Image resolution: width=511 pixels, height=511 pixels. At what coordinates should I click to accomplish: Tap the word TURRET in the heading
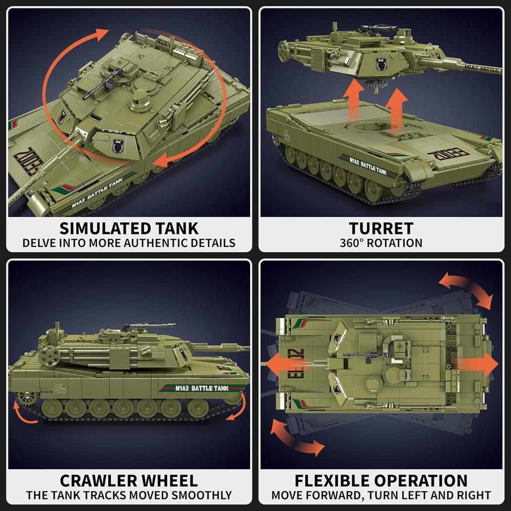tap(381, 229)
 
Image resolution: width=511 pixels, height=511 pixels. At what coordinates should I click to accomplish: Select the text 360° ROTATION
tap(381, 244)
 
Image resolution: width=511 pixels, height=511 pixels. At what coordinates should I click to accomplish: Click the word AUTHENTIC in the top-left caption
tap(159, 244)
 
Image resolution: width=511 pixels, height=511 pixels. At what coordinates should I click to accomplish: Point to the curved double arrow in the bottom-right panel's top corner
tap(465, 289)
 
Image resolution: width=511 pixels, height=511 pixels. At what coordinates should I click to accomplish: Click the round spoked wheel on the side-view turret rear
tap(49, 355)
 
